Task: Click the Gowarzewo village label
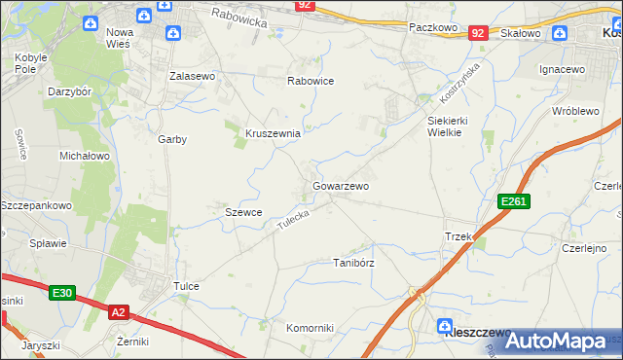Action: tap(341, 185)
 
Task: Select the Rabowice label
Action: tap(311, 81)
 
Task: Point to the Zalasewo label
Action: tap(192, 75)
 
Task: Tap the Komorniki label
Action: tap(311, 328)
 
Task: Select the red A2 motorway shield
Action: tap(118, 312)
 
